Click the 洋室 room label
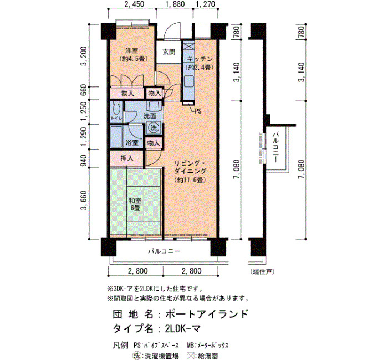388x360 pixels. click(132, 51)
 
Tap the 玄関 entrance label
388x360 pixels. click(169, 52)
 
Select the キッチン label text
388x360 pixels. click(200, 59)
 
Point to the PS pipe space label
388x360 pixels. click(198, 111)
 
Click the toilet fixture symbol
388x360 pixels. click(116, 108)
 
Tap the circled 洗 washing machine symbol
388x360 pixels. click(154, 127)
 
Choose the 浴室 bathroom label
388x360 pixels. click(132, 143)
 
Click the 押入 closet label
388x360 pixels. click(127, 158)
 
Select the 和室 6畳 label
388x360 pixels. click(135, 204)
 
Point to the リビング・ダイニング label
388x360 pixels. click(190, 167)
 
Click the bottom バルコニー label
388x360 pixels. click(164, 251)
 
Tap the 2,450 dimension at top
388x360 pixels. click(135, 4)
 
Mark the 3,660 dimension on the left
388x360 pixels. click(84, 200)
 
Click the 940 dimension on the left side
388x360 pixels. click(84, 161)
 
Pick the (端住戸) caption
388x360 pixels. click(262, 271)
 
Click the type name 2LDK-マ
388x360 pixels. click(183, 328)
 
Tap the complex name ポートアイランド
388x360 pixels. click(207, 314)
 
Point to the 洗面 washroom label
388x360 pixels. click(150, 115)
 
